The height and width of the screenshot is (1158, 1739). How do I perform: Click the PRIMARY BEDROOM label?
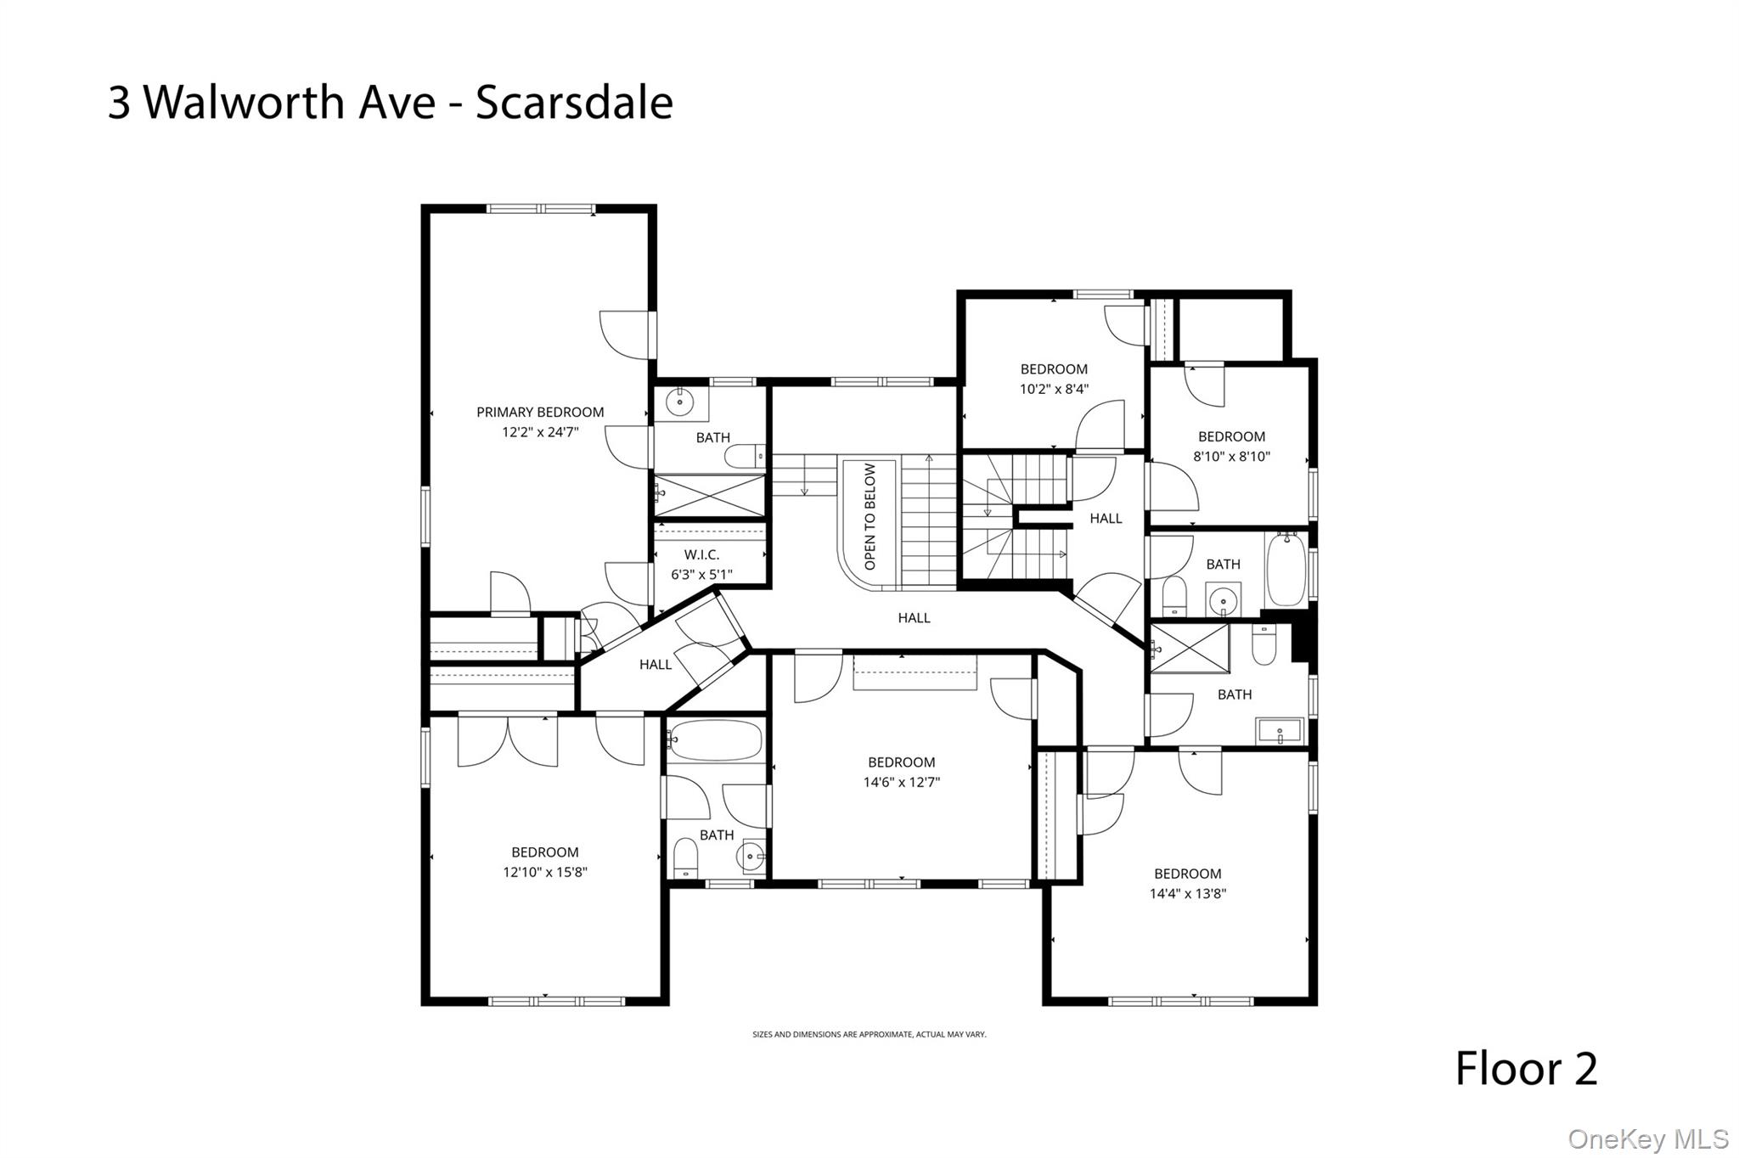tap(540, 413)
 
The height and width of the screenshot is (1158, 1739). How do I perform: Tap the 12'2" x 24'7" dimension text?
tap(540, 432)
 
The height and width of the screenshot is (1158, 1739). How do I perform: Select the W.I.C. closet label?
tap(701, 555)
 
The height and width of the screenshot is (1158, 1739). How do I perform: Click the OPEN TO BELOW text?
tap(869, 517)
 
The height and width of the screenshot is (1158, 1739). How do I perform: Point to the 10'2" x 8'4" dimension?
tap(1054, 390)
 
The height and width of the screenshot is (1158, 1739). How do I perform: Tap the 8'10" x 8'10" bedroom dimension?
tap(1231, 457)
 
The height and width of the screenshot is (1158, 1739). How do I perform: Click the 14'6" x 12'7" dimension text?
tap(901, 783)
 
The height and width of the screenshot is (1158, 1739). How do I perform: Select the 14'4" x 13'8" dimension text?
tap(1187, 894)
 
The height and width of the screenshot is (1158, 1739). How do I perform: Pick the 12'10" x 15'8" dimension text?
tap(544, 873)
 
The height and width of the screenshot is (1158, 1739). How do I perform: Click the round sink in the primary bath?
tap(680, 402)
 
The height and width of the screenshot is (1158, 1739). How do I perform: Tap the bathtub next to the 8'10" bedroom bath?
tap(1286, 569)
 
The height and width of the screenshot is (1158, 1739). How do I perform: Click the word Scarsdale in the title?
tap(574, 103)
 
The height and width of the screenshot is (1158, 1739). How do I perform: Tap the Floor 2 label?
tap(1526, 1069)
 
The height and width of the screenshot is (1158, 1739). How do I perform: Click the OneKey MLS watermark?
tap(1647, 1139)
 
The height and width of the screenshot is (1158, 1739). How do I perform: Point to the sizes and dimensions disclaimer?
tap(869, 1035)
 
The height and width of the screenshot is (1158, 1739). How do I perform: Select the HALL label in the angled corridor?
tap(655, 665)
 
